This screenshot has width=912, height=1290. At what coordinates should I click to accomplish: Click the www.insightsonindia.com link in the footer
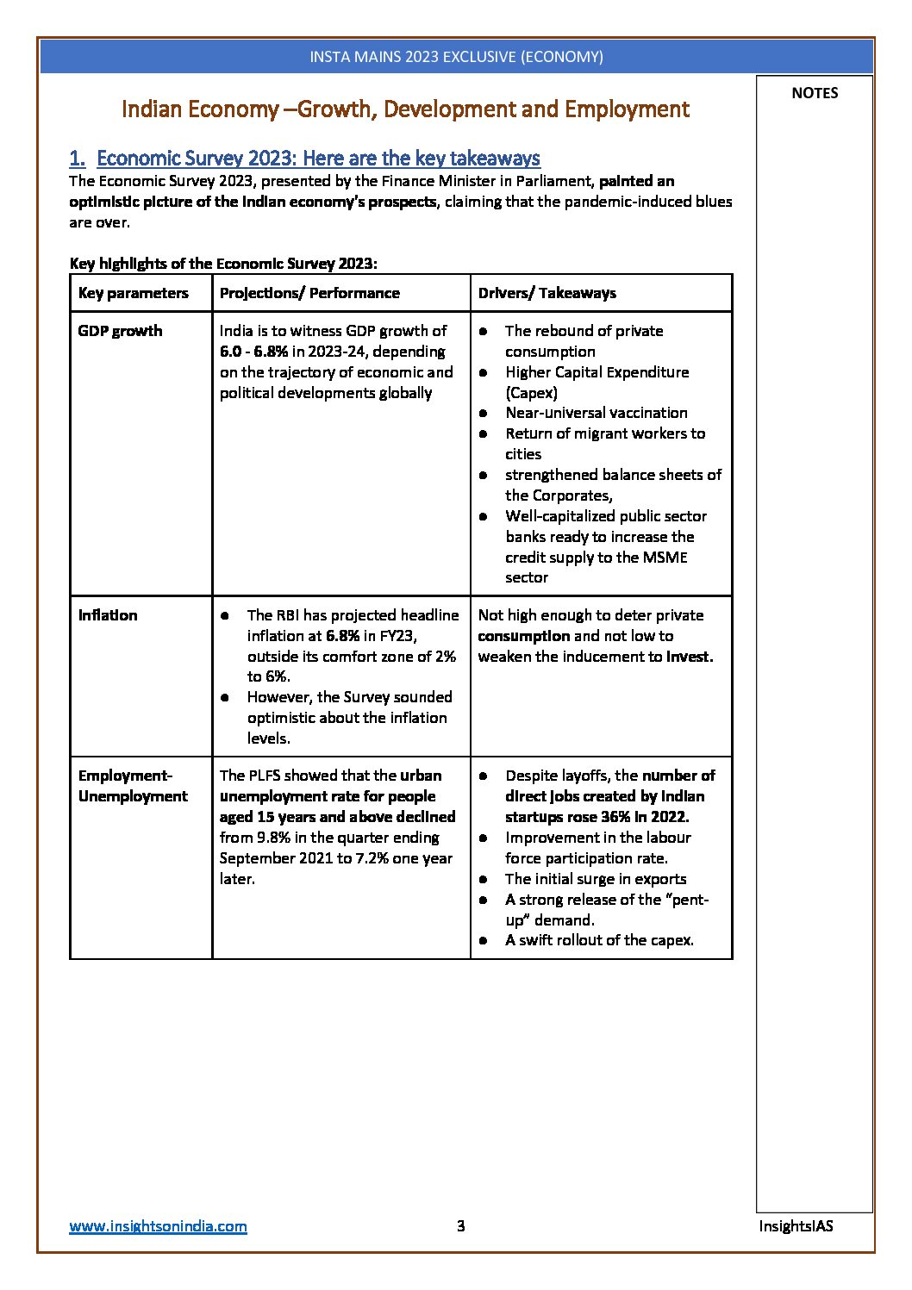pyautogui.click(x=158, y=1226)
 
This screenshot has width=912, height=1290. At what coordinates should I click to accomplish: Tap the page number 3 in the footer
pyautogui.click(x=460, y=1225)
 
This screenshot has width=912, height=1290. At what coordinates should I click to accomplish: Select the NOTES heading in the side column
pyautogui.click(x=815, y=93)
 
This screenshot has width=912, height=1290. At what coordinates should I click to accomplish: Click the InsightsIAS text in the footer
pyautogui.click(x=796, y=1225)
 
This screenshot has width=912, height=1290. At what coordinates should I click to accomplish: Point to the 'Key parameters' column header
pyautogui.click(x=133, y=293)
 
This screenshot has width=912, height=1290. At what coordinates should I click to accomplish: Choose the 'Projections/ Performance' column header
pyautogui.click(x=309, y=293)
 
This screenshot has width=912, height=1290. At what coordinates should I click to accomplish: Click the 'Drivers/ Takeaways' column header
pyautogui.click(x=547, y=293)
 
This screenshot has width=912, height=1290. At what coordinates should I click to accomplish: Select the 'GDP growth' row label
pyautogui.click(x=120, y=331)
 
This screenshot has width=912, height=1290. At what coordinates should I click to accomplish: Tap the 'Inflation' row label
pyautogui.click(x=108, y=615)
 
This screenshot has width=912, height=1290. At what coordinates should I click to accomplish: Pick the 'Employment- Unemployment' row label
pyautogui.click(x=133, y=786)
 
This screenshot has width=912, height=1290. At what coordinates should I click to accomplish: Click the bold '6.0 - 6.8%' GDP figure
pyautogui.click(x=253, y=352)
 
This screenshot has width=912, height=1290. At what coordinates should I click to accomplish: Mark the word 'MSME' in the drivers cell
pyautogui.click(x=665, y=558)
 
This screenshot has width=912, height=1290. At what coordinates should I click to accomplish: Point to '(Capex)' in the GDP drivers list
pyautogui.click(x=531, y=393)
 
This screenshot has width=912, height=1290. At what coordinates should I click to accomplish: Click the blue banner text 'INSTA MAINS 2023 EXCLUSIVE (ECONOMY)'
pyautogui.click(x=456, y=57)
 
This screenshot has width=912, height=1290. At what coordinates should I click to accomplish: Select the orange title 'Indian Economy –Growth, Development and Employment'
pyautogui.click(x=405, y=109)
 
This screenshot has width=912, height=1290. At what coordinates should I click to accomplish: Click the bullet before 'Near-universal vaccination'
pyautogui.click(x=484, y=414)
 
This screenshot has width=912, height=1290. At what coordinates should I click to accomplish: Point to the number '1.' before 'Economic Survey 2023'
pyautogui.click(x=78, y=159)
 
